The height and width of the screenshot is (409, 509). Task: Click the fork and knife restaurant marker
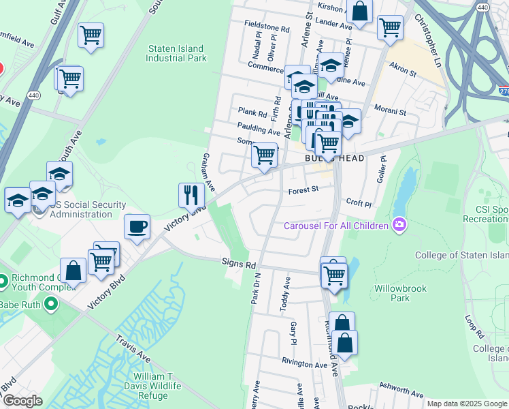(x=192, y=195)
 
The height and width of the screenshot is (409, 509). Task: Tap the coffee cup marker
(x=137, y=226)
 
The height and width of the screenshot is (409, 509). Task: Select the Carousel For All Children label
(x=335, y=226)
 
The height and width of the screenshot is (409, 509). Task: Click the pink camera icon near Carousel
(x=397, y=224)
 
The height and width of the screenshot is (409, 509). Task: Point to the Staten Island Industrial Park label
(x=176, y=53)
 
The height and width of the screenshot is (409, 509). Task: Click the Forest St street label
(x=303, y=190)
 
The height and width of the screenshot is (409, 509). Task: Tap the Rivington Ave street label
(x=306, y=364)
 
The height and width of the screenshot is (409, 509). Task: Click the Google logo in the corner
(x=22, y=401)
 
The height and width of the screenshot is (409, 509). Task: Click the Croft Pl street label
(x=359, y=203)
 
